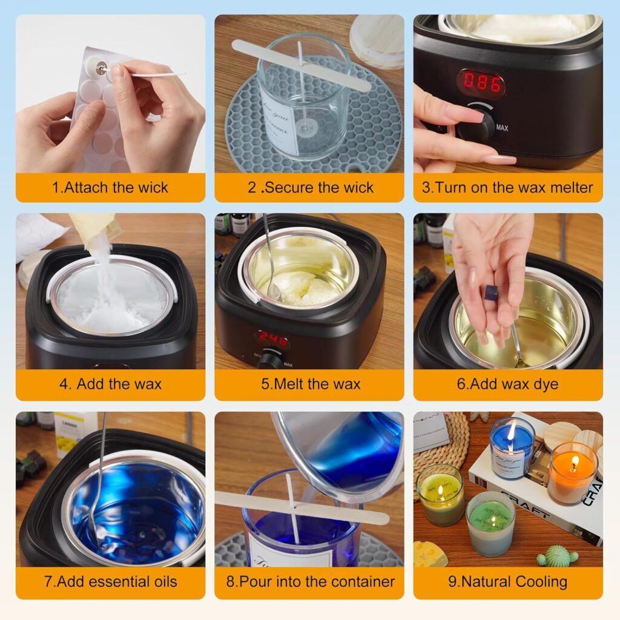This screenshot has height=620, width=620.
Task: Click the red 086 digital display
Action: click(x=481, y=83)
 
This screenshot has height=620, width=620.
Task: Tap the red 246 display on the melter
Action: click(x=271, y=340)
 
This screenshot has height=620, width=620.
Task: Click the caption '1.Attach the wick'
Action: click(x=110, y=187)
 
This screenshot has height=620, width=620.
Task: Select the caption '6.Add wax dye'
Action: click(x=507, y=384)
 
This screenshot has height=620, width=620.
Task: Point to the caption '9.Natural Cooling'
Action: click(x=507, y=582)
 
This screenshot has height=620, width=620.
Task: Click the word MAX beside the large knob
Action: click(x=502, y=128)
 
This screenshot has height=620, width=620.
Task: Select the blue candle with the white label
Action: click(x=512, y=448)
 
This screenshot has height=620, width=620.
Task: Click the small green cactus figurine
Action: click(x=557, y=555)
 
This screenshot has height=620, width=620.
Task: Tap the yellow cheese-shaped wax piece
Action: click(x=430, y=554)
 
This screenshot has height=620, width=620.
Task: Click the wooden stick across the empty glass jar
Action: click(x=301, y=65)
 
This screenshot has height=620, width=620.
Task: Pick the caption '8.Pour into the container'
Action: click(x=310, y=582)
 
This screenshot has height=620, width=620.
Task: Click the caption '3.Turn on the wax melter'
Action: click(x=507, y=187)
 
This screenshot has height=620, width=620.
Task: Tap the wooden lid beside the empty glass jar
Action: click(x=377, y=41)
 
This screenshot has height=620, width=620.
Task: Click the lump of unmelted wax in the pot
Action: click(x=301, y=289)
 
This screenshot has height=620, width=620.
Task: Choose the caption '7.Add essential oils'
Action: click(x=110, y=582)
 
